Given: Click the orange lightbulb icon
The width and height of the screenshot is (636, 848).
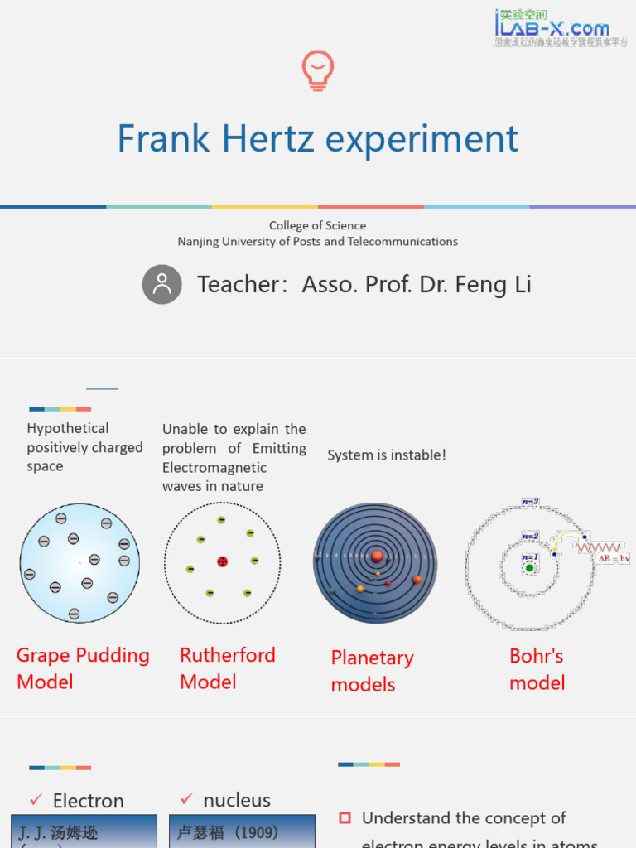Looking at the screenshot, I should tap(318, 70).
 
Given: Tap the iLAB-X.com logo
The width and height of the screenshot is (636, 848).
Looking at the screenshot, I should tap(561, 27).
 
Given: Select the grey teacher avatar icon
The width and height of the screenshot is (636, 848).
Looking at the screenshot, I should tap(161, 284).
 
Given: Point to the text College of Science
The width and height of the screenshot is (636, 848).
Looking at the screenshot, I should tap(317, 225).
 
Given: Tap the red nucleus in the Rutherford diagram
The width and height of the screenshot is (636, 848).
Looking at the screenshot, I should tap(222, 561).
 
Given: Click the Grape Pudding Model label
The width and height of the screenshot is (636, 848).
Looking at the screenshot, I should tap(83, 668).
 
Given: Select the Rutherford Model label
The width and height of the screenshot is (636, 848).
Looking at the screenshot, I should tap(227, 668).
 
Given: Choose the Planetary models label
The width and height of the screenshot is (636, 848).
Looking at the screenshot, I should tap(372, 671).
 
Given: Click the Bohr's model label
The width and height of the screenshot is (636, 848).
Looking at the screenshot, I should tap(537, 669).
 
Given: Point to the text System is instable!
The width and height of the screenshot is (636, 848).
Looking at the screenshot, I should tap(387, 455).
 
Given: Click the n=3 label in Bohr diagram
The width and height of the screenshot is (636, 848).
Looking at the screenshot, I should tap(530, 502).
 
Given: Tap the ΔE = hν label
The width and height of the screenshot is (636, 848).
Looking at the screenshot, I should tap(614, 559).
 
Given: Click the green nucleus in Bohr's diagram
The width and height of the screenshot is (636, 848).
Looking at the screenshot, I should tap(529, 568).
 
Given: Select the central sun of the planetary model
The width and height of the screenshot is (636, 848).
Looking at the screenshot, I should tap(377, 555).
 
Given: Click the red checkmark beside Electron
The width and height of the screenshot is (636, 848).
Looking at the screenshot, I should tap(36, 800).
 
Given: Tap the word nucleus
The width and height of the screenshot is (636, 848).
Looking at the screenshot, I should tap(237, 800).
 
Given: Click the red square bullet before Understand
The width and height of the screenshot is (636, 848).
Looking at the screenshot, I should tap(345, 818).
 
